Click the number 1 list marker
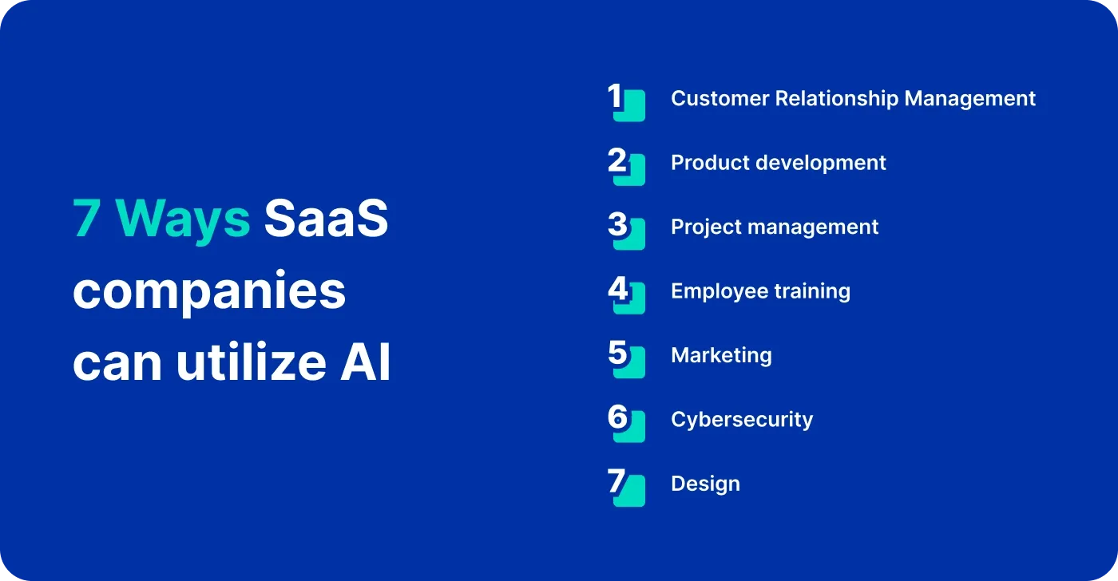tap(625, 101)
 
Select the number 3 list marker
tap(625, 230)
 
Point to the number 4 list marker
tap(625, 294)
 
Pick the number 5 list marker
tap(625, 358)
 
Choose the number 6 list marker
tap(625, 422)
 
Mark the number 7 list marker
tap(625, 487)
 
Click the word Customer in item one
tap(718, 98)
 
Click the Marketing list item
tap(721, 355)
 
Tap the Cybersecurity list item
tap(742, 420)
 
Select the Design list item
tap(705, 484)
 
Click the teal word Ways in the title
tap(183, 219)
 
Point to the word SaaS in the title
tap(326, 219)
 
